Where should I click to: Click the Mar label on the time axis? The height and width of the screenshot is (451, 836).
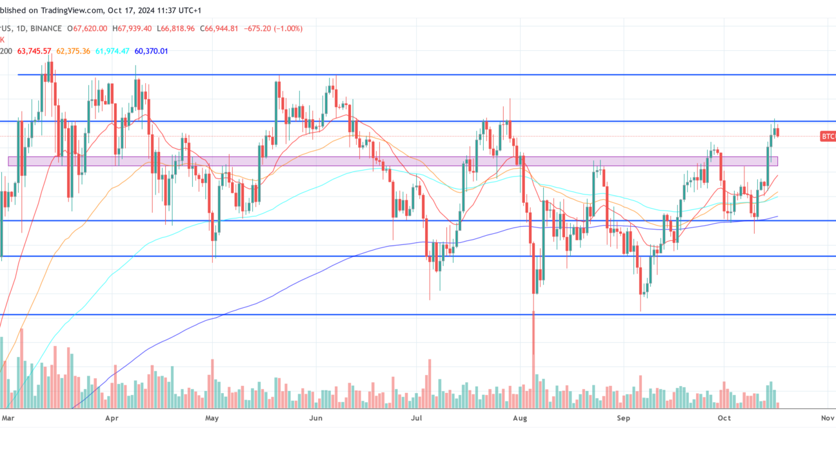click(x=8, y=418)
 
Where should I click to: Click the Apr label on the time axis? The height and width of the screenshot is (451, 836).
click(x=112, y=418)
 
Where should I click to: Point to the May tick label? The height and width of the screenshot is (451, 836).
click(x=212, y=418)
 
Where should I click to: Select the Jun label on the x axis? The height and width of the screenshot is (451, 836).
click(x=315, y=418)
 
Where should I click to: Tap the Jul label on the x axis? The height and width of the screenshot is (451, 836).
click(x=416, y=418)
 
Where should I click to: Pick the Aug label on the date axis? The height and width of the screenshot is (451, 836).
click(x=520, y=418)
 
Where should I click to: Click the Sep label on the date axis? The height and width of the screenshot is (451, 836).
click(x=623, y=418)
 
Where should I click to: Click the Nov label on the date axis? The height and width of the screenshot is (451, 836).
click(x=827, y=418)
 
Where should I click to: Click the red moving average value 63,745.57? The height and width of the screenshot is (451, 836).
click(x=34, y=51)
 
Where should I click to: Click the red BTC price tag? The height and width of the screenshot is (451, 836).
click(x=828, y=136)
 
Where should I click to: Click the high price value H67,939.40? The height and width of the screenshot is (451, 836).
click(x=132, y=28)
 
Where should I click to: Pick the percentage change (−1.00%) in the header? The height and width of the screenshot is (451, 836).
click(x=287, y=28)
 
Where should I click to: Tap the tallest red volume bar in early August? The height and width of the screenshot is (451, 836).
click(x=533, y=361)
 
